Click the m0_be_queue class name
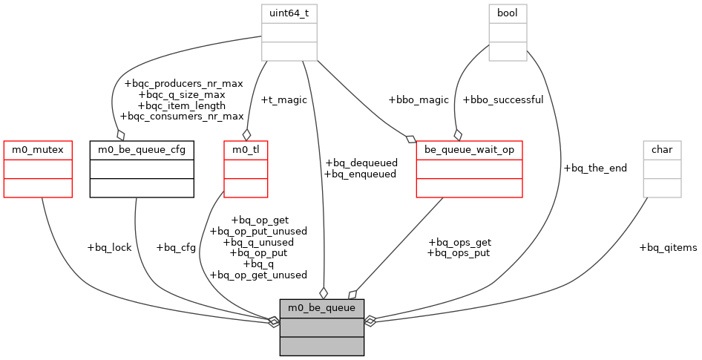[321, 307]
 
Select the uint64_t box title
[289, 13]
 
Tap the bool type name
[507, 13]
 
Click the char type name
[662, 149]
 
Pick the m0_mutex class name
[38, 149]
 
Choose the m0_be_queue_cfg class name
[142, 149]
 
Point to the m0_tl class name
[246, 149]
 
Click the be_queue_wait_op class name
[469, 149]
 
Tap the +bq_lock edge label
[109, 247]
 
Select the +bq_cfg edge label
[176, 247]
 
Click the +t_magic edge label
[283, 99]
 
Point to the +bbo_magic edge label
[419, 99]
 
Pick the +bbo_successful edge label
[503, 99]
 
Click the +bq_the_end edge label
[595, 168]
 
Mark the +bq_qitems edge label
[668, 247]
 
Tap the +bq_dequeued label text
[361, 163]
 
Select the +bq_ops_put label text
[459, 253]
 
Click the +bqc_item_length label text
[183, 105]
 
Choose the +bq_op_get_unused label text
[258, 275]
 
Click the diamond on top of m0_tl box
[246, 134]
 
